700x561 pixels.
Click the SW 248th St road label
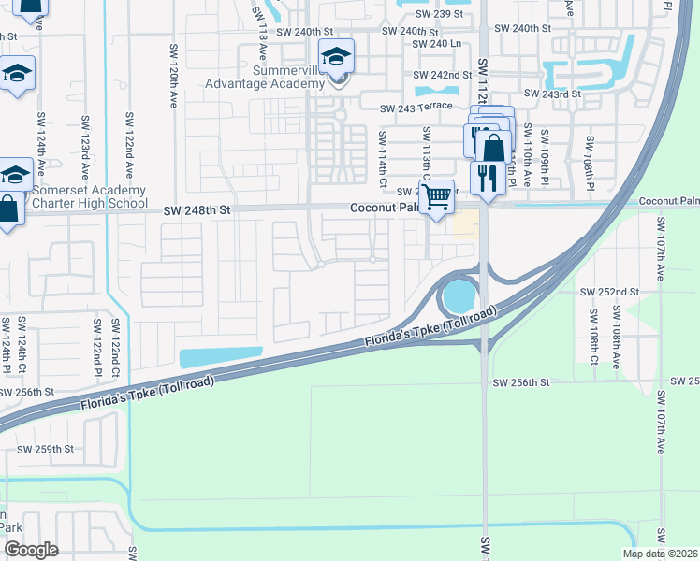click(197, 212)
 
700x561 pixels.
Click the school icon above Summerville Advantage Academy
click(336, 59)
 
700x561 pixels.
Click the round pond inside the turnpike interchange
click(458, 298)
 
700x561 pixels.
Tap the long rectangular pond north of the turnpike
click(220, 357)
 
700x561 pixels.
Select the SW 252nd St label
click(608, 292)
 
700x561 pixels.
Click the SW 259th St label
click(46, 449)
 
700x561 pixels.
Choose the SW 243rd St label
click(552, 93)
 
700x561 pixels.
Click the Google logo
click(31, 550)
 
